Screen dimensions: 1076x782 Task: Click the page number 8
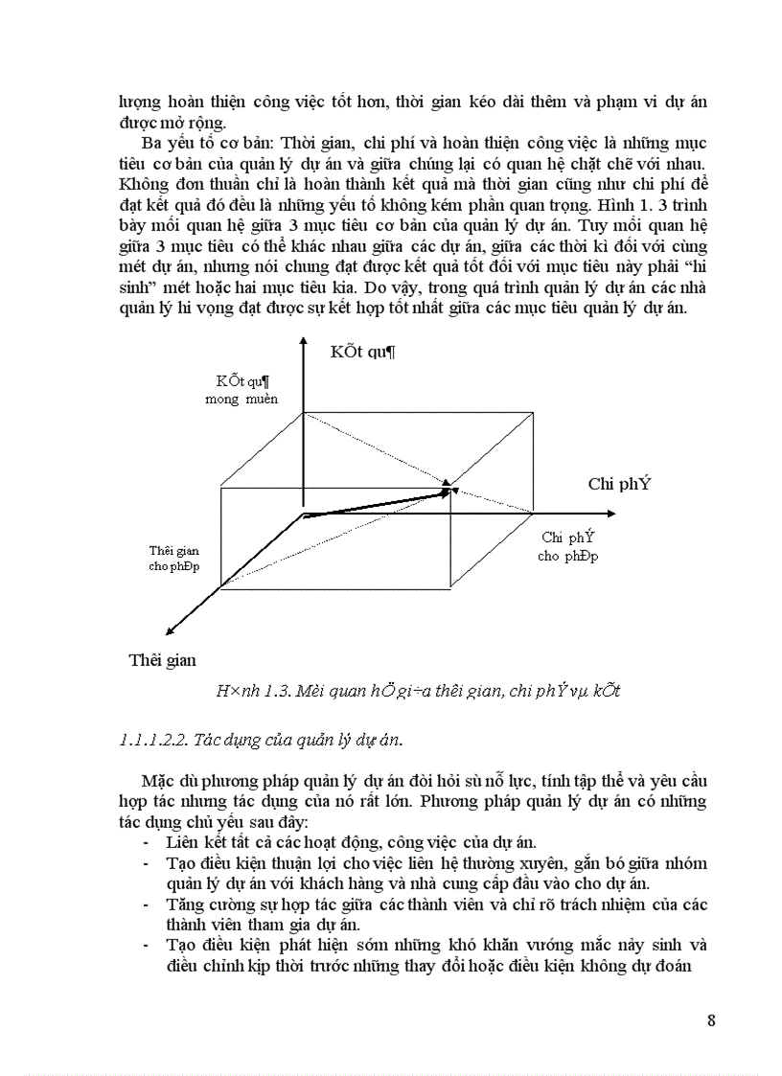click(x=711, y=1019)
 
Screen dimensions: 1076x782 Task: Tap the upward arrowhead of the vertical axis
click(x=303, y=343)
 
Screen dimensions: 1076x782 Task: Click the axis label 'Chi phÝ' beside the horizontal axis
click(x=619, y=484)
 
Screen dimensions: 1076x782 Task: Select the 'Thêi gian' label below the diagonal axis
click(x=163, y=660)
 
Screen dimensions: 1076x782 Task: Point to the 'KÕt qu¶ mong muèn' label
click(x=241, y=390)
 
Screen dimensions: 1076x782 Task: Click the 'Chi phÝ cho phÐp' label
click(x=567, y=546)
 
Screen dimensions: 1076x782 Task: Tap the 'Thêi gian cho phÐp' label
click(x=172, y=559)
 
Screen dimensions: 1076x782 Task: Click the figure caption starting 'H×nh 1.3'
click(x=418, y=691)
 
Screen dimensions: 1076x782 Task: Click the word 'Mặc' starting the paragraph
click(x=158, y=779)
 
